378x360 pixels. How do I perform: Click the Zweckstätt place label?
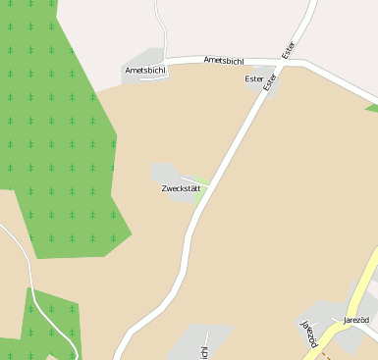coord(181,187)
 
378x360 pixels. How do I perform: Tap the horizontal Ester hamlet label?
coord(254,77)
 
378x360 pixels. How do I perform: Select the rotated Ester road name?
coord(289,50)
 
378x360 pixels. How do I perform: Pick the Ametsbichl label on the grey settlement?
coord(144,71)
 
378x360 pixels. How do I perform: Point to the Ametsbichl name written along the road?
coord(223,60)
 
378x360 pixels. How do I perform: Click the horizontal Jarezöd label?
coord(355,320)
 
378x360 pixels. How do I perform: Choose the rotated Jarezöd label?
coord(310,333)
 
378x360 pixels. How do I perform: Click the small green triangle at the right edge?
coord(372,106)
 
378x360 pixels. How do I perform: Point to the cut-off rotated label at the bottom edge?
coord(204,352)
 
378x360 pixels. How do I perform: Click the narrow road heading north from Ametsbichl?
coord(160,29)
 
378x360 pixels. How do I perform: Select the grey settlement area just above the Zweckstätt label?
coord(164,172)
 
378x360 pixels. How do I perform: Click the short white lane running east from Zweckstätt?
coord(194,180)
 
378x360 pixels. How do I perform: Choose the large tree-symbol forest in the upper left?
coord(49,118)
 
